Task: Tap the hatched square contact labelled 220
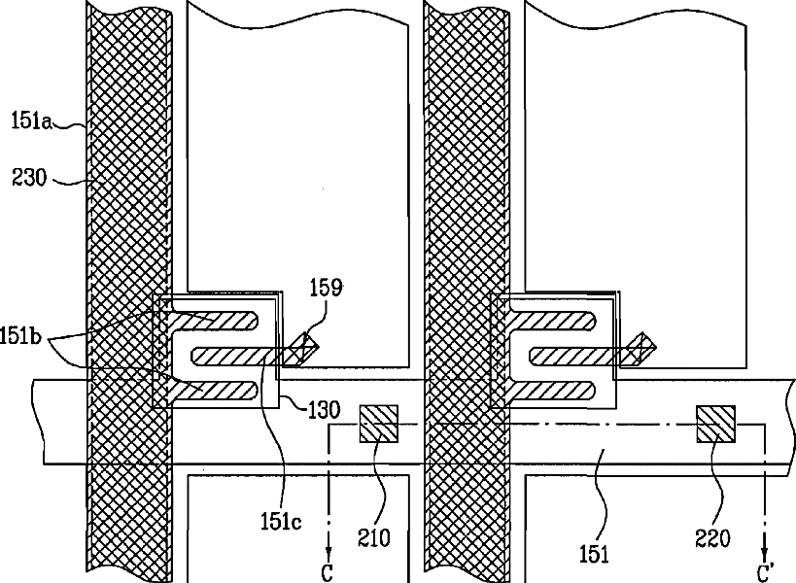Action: click(x=715, y=424)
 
